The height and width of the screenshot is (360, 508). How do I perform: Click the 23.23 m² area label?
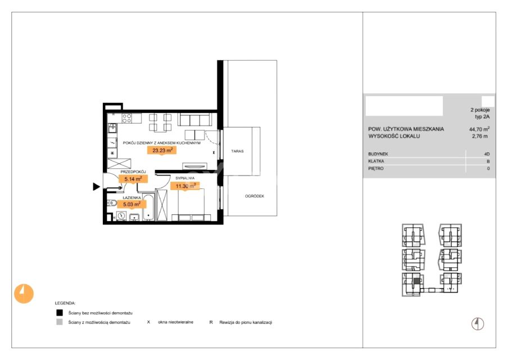pyautogui.click(x=162, y=150)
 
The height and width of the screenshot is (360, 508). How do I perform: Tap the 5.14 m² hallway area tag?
pyautogui.click(x=133, y=179)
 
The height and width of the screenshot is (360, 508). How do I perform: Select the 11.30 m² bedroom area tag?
pyautogui.click(x=185, y=186)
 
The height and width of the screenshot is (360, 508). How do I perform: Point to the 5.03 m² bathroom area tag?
pyautogui.click(x=131, y=204)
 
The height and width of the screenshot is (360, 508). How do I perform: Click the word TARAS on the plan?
pyautogui.click(x=238, y=151)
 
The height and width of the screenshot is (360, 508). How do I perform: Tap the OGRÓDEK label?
pyautogui.click(x=255, y=196)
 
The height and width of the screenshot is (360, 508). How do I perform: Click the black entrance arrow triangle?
pyautogui.click(x=96, y=187)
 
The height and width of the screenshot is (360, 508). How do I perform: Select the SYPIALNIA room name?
pyautogui.click(x=185, y=178)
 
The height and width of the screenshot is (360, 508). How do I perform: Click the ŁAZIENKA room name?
pyautogui.click(x=131, y=197)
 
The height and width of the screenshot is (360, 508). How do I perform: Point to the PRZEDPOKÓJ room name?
pyautogui.click(x=133, y=172)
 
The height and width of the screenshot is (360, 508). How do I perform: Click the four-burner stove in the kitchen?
pyautogui.click(x=126, y=118)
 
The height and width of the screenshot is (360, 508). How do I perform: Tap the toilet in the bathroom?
pyautogui.click(x=112, y=203)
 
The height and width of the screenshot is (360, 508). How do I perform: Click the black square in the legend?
pyautogui.click(x=60, y=313)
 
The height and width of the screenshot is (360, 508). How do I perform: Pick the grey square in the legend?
pyautogui.click(x=60, y=322)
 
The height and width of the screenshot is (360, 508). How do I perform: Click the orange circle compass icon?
pyautogui.click(x=24, y=294)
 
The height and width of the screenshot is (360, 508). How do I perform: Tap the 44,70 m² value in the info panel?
pyautogui.click(x=479, y=129)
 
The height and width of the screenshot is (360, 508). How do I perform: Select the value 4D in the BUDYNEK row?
pyautogui.click(x=487, y=154)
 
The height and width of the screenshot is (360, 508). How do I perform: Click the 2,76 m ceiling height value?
pyautogui.click(x=480, y=136)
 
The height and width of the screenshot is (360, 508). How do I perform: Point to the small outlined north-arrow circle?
pyautogui.click(x=478, y=323)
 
